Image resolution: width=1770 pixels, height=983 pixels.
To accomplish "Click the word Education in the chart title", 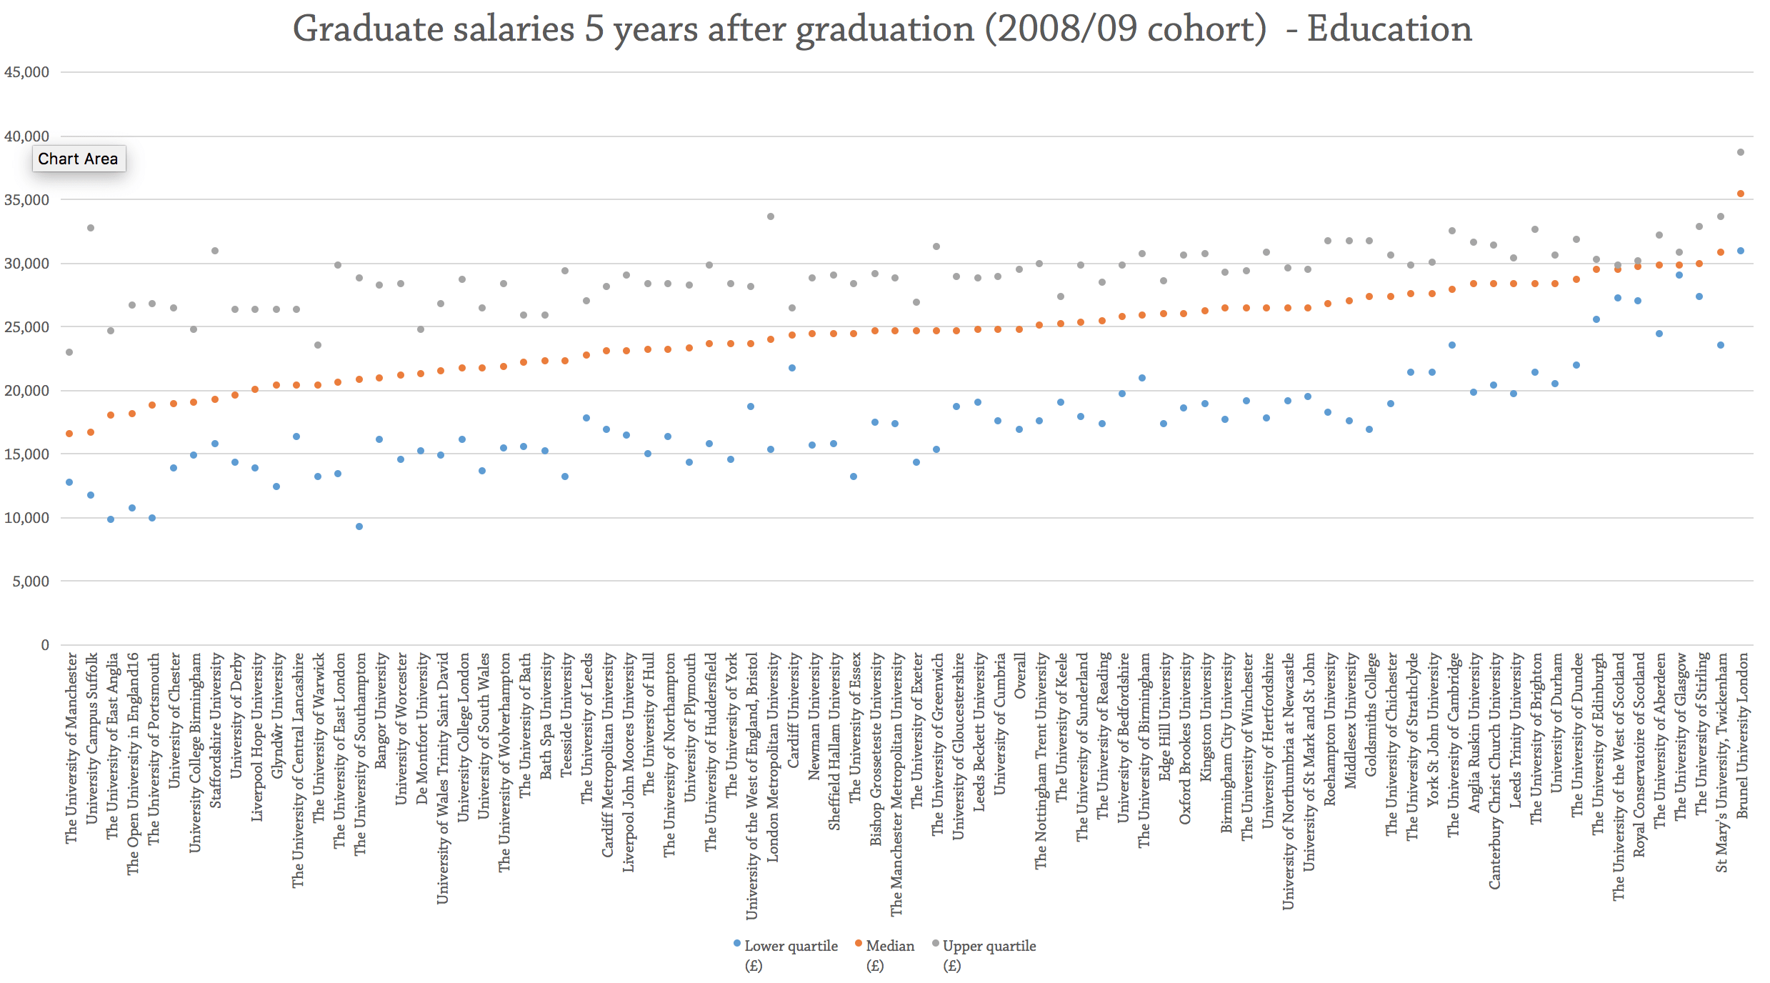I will pos(1389,29).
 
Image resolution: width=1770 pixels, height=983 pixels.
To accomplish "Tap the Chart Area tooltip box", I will pos(79,159).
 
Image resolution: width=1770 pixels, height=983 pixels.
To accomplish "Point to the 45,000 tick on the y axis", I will pos(27,72).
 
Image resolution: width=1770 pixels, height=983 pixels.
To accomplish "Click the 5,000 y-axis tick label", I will pos(31,582).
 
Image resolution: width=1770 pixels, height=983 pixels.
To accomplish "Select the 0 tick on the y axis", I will pos(45,645).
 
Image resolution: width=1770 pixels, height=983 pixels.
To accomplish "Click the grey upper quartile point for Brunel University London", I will pos(1741,152).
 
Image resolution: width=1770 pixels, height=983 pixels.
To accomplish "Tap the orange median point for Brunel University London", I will pos(1741,194).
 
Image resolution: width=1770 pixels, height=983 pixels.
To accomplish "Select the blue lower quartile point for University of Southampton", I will pos(359,527).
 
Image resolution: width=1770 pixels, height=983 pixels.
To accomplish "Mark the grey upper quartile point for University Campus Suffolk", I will pos(91,228).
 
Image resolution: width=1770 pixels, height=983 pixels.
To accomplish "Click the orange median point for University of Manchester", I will pos(69,434).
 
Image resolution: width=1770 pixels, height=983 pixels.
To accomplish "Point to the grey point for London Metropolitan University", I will pos(771,216).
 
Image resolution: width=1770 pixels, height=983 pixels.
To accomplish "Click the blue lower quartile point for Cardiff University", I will pos(792,368).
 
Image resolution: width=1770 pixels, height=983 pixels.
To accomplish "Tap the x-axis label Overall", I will pos(1020,676).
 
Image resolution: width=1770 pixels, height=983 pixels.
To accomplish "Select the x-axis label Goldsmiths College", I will pos(1370,714).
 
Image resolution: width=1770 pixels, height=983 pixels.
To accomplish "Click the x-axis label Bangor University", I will pos(381,710).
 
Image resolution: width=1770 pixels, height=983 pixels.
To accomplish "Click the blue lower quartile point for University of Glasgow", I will pos(1679,275).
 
